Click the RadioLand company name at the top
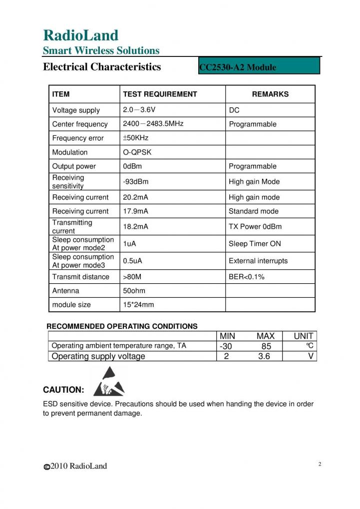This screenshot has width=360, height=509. [x=80, y=35]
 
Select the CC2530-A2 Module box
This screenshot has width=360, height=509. [x=259, y=66]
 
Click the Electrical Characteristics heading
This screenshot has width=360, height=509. [x=102, y=66]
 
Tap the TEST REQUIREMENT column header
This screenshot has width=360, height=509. [x=160, y=94]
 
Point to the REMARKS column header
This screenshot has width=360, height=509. [x=270, y=94]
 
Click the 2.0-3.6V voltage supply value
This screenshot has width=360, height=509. [x=142, y=109]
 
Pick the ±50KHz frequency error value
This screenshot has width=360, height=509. [x=136, y=137]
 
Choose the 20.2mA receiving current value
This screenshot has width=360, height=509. [x=135, y=197]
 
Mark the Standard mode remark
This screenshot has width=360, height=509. [x=254, y=211]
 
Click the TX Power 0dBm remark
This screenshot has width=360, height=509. [x=255, y=227]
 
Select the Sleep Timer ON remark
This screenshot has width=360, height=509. [x=255, y=244]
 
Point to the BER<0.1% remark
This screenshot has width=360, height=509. [x=247, y=277]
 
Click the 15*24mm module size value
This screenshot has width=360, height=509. [x=138, y=304]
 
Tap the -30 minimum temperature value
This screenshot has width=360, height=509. [x=226, y=346]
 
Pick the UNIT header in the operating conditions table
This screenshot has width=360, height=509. [x=303, y=336]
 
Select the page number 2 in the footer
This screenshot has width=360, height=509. [x=320, y=464]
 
